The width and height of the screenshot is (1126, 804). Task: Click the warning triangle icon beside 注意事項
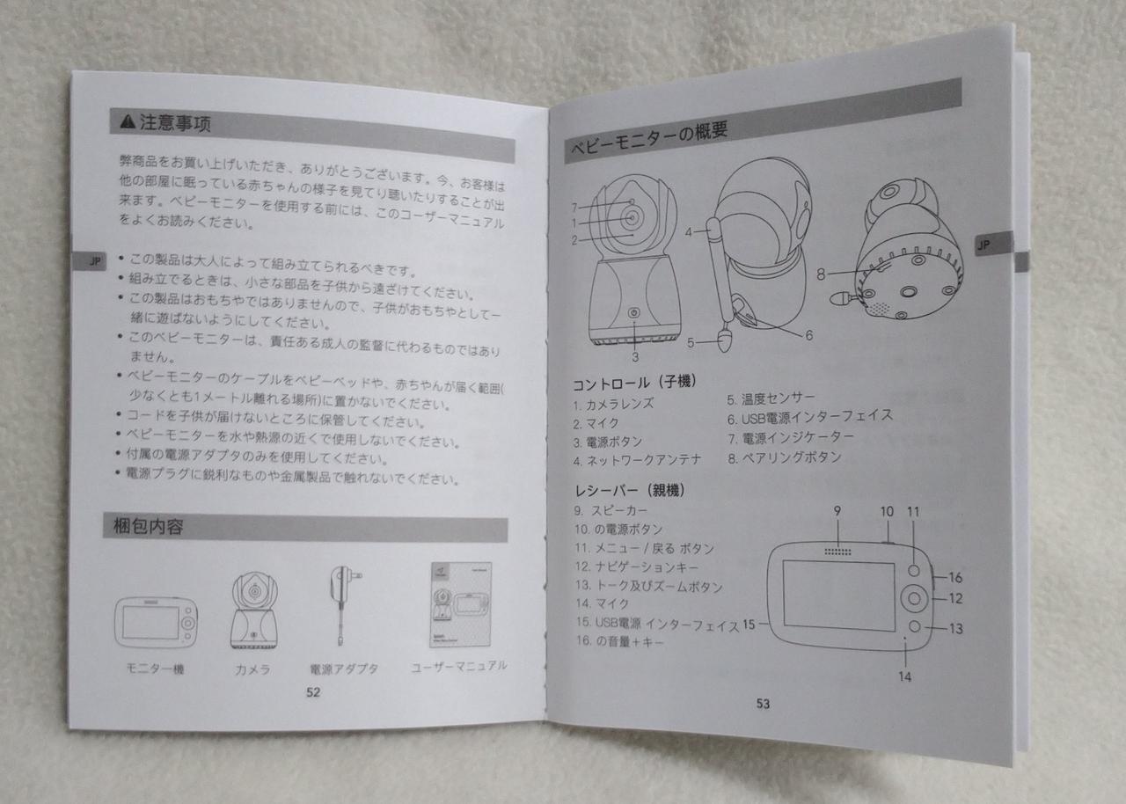point(128,121)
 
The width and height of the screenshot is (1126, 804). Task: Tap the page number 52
point(313,692)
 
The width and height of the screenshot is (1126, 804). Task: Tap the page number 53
point(763,704)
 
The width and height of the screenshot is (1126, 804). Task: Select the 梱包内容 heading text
point(149,526)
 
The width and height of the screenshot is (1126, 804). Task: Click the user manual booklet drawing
point(460,604)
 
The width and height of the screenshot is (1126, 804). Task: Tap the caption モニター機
point(155,669)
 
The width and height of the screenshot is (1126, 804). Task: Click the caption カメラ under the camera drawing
point(252,669)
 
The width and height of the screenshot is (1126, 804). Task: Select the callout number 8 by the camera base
point(821,274)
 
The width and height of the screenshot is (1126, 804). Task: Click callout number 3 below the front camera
point(635,357)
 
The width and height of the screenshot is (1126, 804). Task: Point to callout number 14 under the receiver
point(905,676)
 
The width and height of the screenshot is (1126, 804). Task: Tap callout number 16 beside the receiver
point(955,577)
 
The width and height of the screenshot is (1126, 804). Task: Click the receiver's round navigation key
point(914,598)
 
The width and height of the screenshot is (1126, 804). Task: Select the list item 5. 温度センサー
point(771,399)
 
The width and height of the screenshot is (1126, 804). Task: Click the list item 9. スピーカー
point(611,510)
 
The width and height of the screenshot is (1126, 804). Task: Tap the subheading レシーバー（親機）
point(631,490)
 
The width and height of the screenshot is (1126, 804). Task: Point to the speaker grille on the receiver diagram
point(838,552)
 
